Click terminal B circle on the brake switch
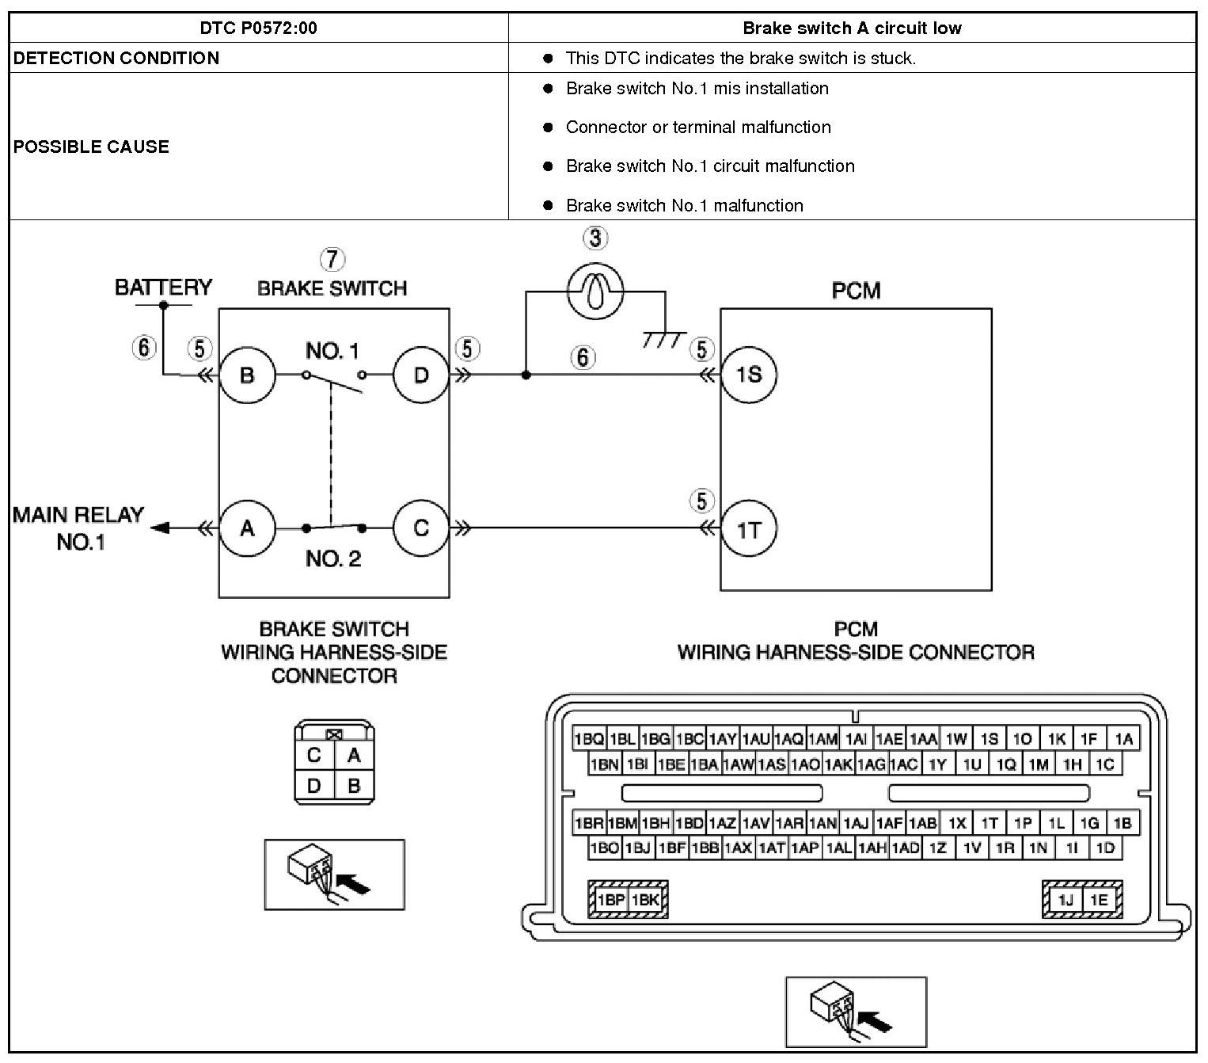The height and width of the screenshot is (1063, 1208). click(247, 375)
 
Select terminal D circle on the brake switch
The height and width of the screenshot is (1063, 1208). click(420, 375)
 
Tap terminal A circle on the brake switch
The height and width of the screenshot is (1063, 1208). click(247, 528)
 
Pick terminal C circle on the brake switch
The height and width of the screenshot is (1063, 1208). click(420, 528)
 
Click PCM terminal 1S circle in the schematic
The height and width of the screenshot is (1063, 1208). click(748, 375)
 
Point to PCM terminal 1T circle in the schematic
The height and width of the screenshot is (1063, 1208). click(748, 528)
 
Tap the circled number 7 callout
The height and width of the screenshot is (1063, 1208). click(332, 259)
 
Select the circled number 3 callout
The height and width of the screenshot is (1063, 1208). click(595, 237)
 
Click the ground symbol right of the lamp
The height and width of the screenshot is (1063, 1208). click(664, 338)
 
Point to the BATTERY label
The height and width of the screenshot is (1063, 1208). click(163, 287)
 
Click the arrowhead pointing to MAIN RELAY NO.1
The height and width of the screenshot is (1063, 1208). click(160, 528)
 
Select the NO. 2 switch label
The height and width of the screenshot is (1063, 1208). click(333, 559)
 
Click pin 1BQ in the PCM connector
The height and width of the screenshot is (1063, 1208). click(589, 739)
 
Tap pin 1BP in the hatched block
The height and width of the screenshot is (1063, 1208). click(611, 900)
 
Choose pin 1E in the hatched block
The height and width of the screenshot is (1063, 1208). click(1099, 900)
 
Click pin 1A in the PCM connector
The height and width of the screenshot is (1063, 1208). click(1123, 739)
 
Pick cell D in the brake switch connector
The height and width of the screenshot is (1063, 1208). click(314, 786)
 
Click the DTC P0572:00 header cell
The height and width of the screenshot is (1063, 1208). click(258, 29)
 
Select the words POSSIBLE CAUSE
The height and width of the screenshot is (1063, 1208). click(91, 147)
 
